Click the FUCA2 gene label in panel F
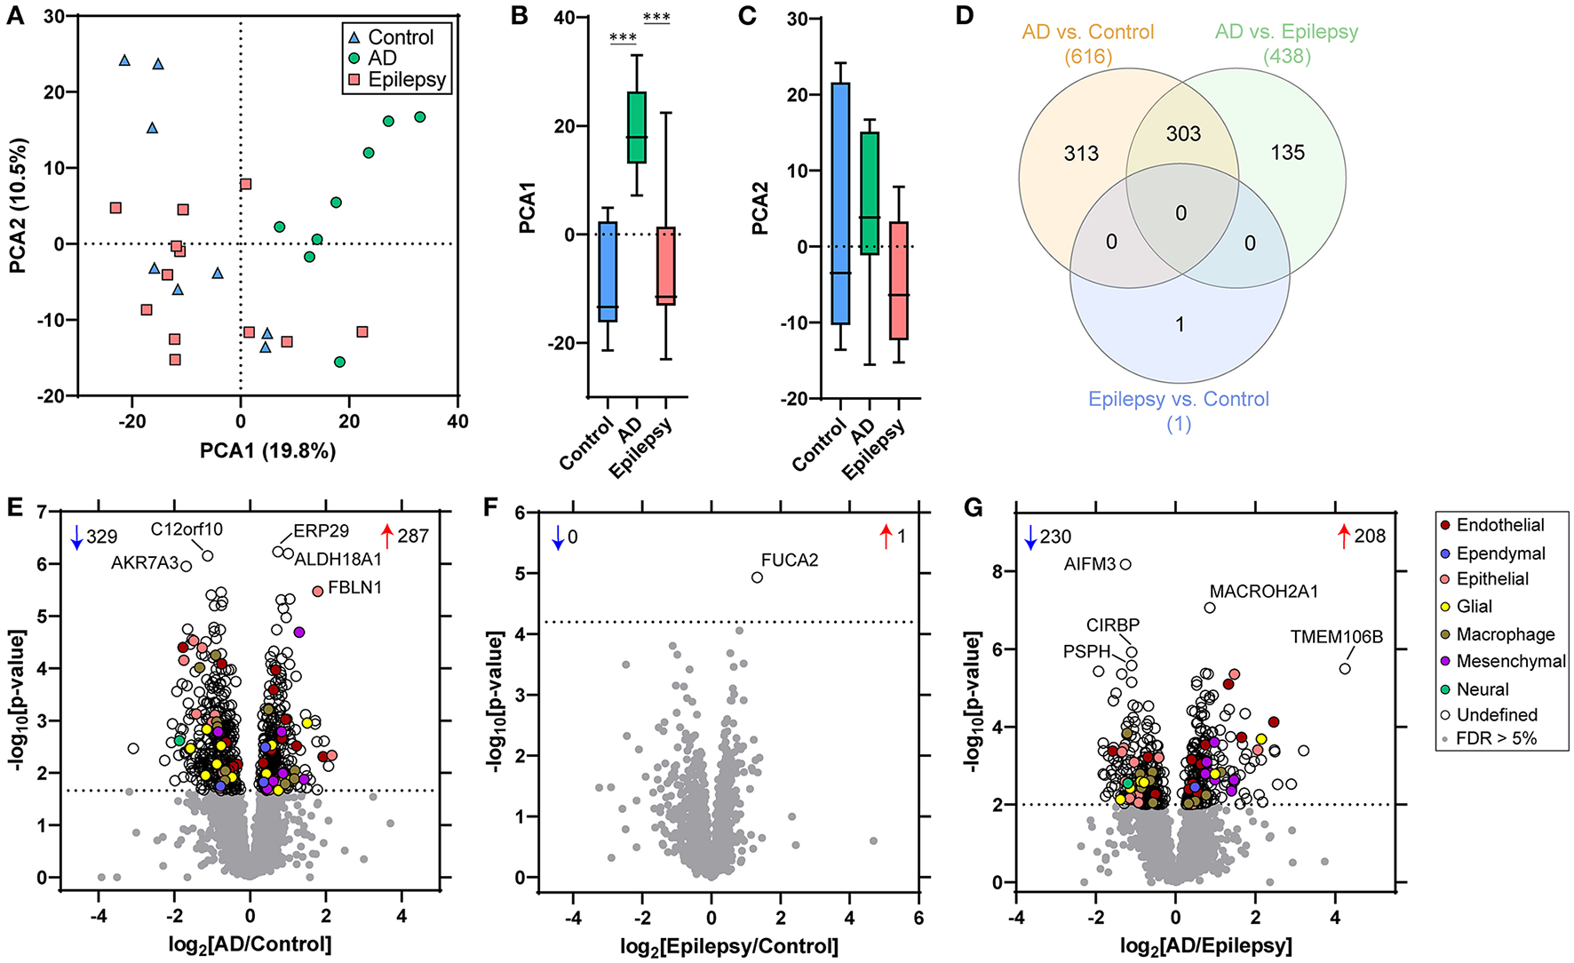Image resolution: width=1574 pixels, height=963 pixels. (x=789, y=561)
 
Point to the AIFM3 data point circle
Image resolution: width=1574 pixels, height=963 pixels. (x=1125, y=564)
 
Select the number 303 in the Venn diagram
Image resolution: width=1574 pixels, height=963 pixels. (x=1183, y=134)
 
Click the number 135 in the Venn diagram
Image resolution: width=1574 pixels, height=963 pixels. (x=1287, y=153)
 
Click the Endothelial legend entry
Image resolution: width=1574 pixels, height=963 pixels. (x=1499, y=525)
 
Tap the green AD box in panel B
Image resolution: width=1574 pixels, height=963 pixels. (x=636, y=127)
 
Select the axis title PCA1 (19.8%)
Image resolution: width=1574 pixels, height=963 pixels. (x=267, y=451)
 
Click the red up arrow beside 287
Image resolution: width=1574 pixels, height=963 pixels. (x=386, y=536)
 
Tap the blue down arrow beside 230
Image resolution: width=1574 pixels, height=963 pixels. (x=1030, y=537)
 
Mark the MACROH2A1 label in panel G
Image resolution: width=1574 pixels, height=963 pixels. (x=1263, y=592)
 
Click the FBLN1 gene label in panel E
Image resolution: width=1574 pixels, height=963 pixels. (x=354, y=588)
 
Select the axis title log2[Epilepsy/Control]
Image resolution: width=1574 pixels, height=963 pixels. (x=728, y=946)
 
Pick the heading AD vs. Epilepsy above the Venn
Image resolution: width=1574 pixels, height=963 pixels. (x=1286, y=32)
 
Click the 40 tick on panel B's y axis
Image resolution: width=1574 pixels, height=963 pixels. (x=564, y=18)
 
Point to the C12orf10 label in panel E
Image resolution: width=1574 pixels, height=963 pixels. (x=187, y=529)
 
